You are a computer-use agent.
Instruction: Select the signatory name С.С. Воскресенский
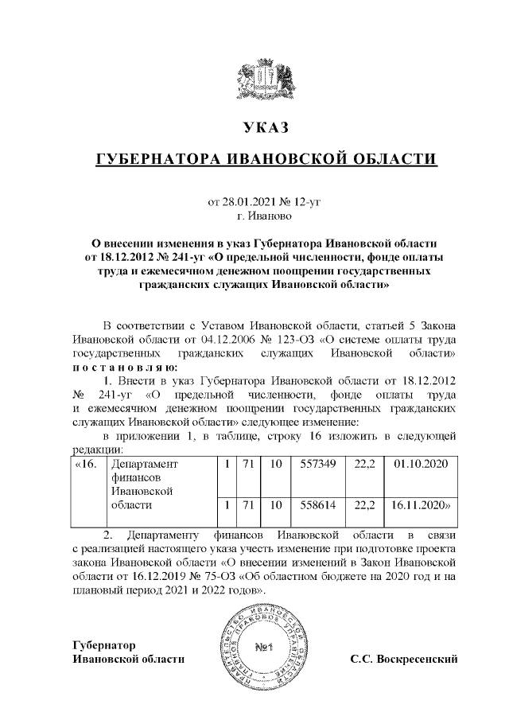click(406, 660)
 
